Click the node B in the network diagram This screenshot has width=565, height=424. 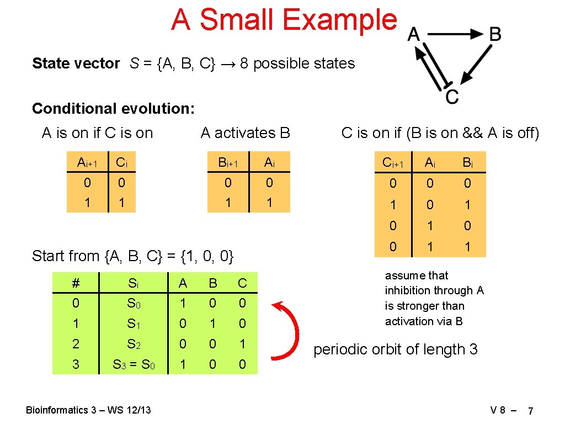pos(495,35)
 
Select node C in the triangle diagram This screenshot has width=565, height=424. pos(451,97)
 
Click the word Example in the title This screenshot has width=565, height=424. pos(340,20)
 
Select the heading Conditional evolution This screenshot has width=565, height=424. pos(113,108)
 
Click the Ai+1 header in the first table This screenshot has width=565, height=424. pos(87,162)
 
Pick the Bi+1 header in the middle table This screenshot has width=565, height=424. pos(228,162)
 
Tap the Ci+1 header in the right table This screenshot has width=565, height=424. pos(393,162)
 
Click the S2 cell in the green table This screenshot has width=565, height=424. pos(134,344)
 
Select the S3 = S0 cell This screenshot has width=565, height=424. pos(134,364)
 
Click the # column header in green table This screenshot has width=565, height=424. pos(76,283)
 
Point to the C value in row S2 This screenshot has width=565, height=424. pos(242,344)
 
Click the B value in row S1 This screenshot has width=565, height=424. pos(212,324)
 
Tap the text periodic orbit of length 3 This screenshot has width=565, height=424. pos(395,349)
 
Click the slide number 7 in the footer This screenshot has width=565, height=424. pos(530,411)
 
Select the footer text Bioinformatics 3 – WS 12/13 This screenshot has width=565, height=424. pos(88,410)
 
